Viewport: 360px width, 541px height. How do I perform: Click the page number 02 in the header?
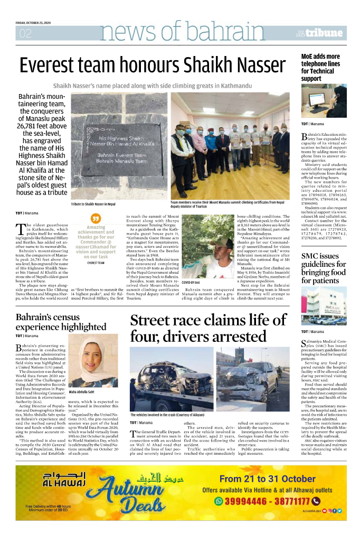(25, 34)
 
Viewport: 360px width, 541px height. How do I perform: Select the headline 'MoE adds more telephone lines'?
(321, 67)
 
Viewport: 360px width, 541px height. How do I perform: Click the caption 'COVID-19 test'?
(191, 283)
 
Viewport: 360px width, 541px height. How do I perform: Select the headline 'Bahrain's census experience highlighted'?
(61, 322)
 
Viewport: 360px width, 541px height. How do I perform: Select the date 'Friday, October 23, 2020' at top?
(32, 22)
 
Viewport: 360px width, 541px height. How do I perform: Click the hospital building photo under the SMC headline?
(323, 306)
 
